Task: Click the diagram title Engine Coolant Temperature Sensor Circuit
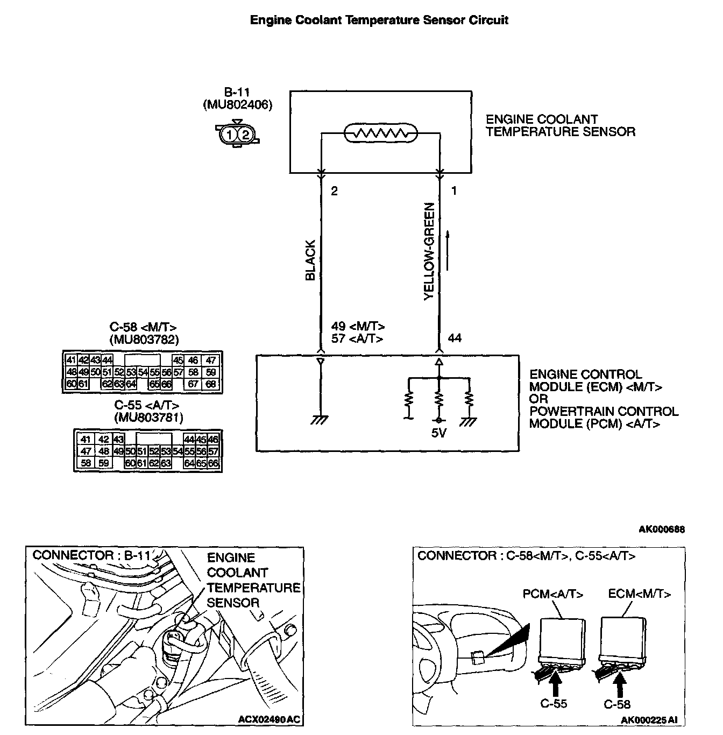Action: click(379, 20)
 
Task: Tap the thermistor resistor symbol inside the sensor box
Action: click(381, 133)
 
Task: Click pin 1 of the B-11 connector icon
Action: click(230, 135)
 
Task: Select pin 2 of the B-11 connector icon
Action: click(245, 135)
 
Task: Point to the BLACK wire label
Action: click(310, 260)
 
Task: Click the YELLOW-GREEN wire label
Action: click(429, 251)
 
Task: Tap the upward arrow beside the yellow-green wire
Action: click(446, 251)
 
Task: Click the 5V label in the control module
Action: click(439, 432)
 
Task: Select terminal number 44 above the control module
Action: click(455, 338)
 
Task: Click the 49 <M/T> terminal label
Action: click(358, 327)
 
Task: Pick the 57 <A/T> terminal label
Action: click(357, 339)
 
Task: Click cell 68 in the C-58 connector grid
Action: click(211, 384)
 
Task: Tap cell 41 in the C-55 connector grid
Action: click(86, 440)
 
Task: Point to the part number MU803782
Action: click(144, 340)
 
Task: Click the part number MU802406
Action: click(238, 104)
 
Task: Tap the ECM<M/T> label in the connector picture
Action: click(640, 594)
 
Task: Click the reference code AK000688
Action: click(662, 529)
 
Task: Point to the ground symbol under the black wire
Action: click(320, 420)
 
